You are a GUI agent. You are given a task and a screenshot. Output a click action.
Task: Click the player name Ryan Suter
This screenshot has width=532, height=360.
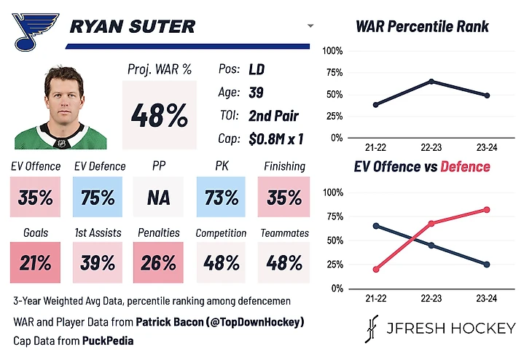point(132,28)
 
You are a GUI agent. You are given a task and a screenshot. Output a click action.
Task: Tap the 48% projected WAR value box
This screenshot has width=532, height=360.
point(160,114)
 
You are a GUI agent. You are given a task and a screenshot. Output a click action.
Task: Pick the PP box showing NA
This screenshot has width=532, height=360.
point(160,197)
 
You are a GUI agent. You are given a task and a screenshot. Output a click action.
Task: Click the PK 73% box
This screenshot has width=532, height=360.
point(222,197)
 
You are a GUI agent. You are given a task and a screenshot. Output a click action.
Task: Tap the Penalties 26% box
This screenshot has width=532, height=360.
point(160,262)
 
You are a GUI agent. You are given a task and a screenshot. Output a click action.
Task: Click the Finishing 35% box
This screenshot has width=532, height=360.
point(283,197)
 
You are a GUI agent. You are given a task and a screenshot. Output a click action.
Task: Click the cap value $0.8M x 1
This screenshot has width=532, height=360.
point(275,138)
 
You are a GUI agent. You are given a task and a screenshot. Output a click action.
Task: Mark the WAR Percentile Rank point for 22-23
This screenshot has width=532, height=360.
point(431,81)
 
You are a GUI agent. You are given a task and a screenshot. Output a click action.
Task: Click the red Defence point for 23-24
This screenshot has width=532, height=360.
point(487,210)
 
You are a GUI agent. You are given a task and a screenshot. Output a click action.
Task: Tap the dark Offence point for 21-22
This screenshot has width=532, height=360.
point(376,226)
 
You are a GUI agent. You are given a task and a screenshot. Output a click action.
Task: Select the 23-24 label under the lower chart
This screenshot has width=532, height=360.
point(487,299)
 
